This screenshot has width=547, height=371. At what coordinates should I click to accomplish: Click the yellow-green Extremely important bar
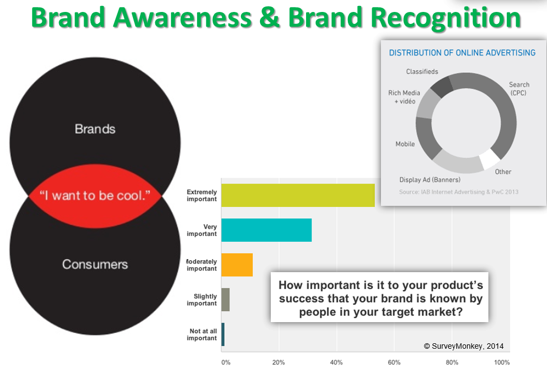point(298,196)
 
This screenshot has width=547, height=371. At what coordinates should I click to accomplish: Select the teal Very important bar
point(266,230)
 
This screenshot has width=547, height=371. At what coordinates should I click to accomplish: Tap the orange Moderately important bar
point(237,265)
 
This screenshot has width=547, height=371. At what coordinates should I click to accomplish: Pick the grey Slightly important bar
point(226,299)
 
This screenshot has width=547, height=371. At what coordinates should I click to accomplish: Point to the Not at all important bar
point(223,334)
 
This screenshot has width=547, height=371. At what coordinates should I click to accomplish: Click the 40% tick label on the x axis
point(336,362)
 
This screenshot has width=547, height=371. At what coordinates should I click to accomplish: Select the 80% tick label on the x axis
point(451,362)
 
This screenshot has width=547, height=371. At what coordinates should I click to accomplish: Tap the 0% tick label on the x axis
point(226,362)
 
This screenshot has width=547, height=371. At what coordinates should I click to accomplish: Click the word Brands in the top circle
point(95,129)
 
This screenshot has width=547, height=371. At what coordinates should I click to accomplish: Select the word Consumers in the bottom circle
point(95,264)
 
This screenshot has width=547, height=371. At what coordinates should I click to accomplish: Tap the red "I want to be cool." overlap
point(95,196)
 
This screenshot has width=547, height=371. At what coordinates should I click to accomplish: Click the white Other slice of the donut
point(490,159)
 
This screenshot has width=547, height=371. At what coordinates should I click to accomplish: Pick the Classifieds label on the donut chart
point(422,72)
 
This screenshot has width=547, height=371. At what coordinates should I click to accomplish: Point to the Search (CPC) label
point(519,89)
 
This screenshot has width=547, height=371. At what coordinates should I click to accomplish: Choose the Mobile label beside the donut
point(405,144)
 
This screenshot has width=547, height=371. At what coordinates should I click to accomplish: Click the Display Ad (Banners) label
point(430,180)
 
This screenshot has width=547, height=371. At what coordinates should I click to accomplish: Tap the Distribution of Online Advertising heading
point(462,53)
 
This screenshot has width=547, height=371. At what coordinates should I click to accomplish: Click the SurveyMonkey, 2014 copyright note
point(463,346)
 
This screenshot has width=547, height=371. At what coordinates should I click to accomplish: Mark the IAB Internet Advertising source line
point(459,192)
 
